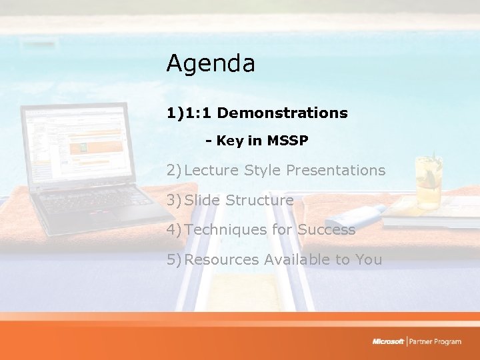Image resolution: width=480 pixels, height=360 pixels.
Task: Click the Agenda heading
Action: pyautogui.click(x=211, y=64)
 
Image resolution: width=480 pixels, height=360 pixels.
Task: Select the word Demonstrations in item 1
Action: pyautogui.click(x=283, y=113)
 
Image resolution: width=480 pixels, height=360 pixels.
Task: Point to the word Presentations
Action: pyautogui.click(x=335, y=171)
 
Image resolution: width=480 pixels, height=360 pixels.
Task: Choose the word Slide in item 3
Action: pyautogui.click(x=203, y=201)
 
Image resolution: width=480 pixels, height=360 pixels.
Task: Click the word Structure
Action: pyautogui.click(x=259, y=201)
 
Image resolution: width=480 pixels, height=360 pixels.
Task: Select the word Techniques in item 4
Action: pyautogui.click(x=223, y=230)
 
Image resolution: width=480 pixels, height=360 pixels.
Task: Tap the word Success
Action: pyautogui.click(x=327, y=230)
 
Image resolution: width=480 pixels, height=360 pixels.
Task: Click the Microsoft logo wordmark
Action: pyautogui.click(x=388, y=342)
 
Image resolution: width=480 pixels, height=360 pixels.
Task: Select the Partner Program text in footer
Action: pyautogui.click(x=435, y=342)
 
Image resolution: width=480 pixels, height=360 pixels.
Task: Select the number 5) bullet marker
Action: pyautogui.click(x=175, y=260)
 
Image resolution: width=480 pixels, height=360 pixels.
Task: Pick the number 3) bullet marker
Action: pyautogui.click(x=175, y=201)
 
